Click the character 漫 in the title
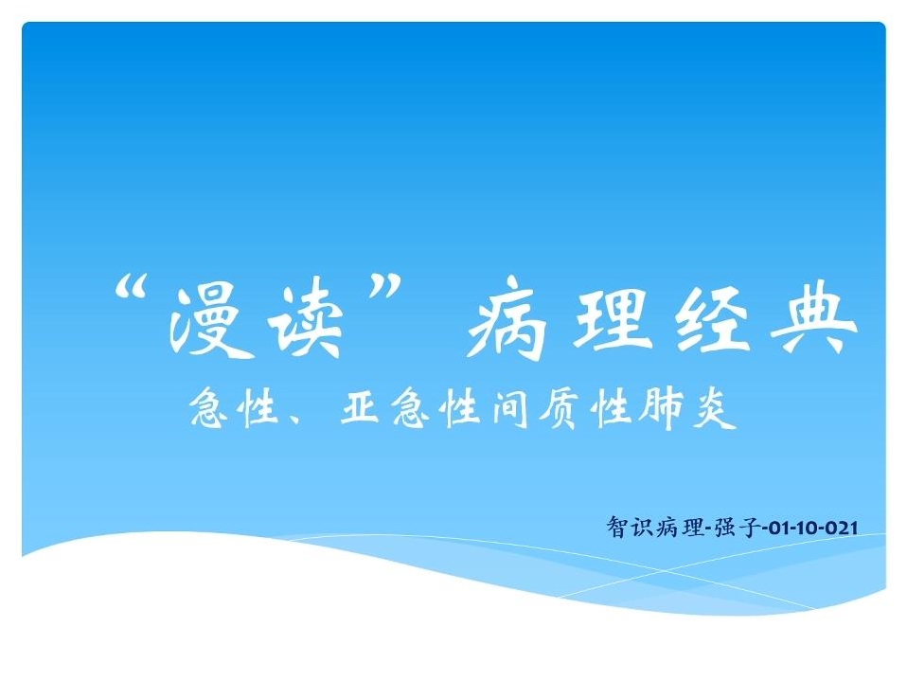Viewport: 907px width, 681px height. [x=205, y=322]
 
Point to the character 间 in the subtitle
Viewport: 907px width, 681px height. [x=509, y=408]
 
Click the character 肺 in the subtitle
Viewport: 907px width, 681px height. [x=660, y=408]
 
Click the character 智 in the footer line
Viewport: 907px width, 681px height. [x=616, y=528]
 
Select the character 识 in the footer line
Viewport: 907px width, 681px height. [x=641, y=528]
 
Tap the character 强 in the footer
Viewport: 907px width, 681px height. [x=725, y=528]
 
